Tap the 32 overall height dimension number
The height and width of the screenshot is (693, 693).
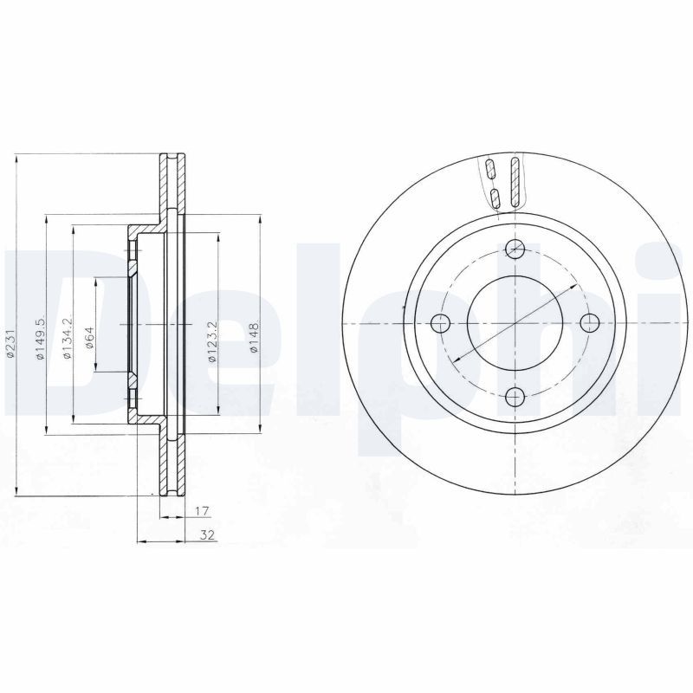click(x=206, y=535)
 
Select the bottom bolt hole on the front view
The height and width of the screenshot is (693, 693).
click(x=515, y=398)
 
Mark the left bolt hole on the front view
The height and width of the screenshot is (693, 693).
click(x=441, y=324)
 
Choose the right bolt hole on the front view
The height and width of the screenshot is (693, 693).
click(x=589, y=324)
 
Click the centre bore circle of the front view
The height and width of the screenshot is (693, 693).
click(x=515, y=324)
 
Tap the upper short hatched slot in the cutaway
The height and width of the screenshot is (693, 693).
click(x=489, y=169)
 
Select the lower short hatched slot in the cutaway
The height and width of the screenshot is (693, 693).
click(x=495, y=198)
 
